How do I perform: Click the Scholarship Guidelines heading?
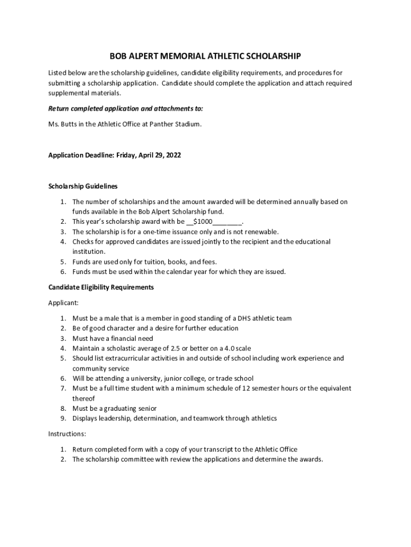click(83, 186)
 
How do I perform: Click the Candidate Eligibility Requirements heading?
click(101, 287)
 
